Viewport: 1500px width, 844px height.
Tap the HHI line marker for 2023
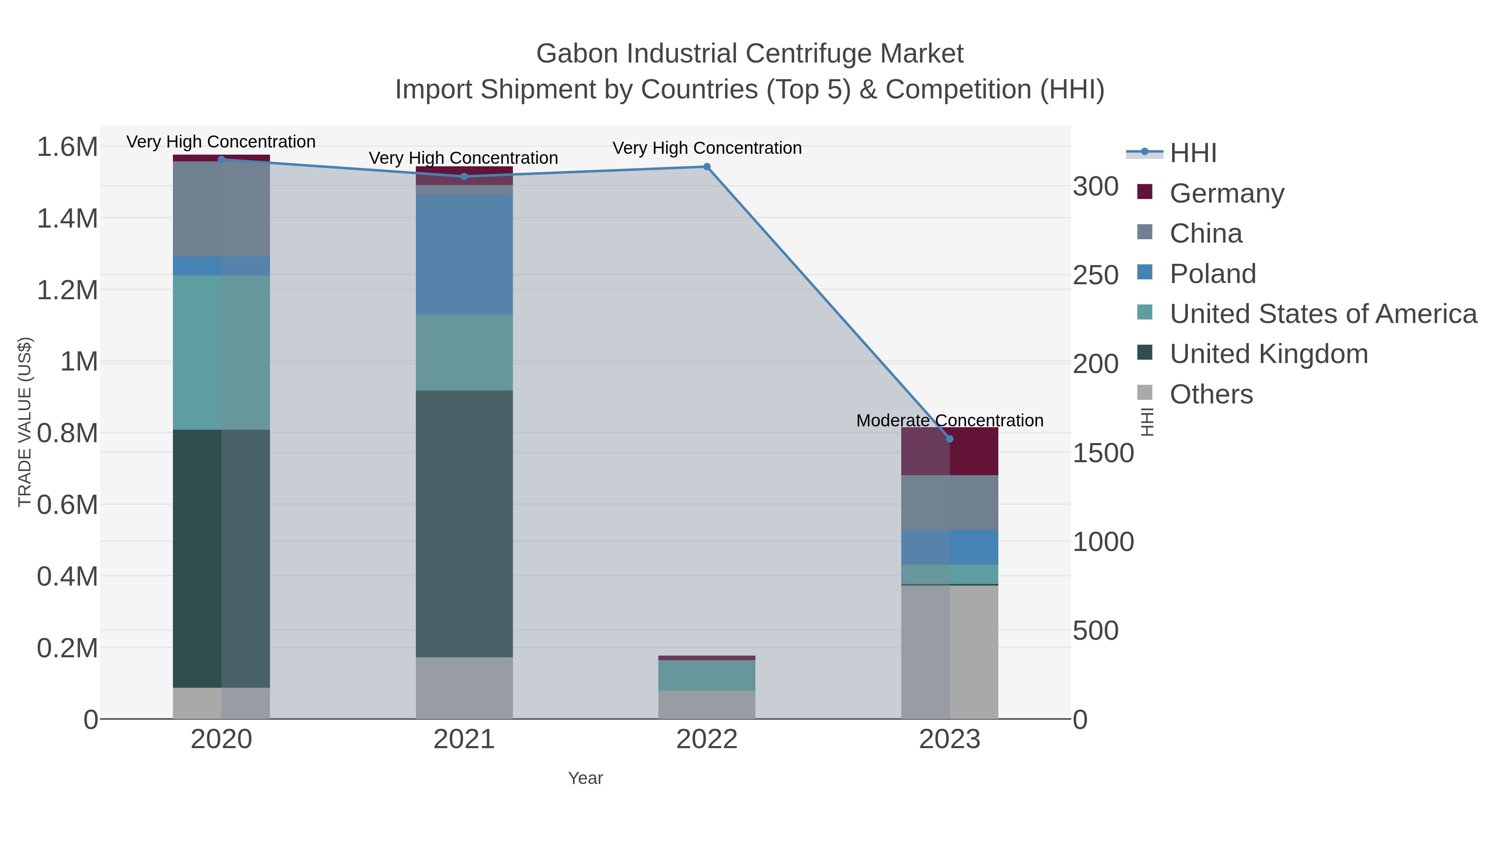pyautogui.click(x=950, y=438)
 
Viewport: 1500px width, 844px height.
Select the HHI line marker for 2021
pyautogui.click(x=464, y=176)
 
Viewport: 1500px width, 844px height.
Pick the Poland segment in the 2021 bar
pyautogui.click(x=464, y=255)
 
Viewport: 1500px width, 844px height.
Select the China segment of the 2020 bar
pyautogui.click(x=221, y=208)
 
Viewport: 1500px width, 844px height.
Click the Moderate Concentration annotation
pyautogui.click(x=949, y=421)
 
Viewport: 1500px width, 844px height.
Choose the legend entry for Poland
pyautogui.click(x=1212, y=274)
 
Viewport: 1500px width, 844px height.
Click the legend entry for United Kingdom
pyautogui.click(x=1268, y=354)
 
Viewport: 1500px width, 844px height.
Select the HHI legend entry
pyautogui.click(x=1192, y=153)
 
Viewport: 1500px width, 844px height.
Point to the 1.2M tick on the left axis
pyautogui.click(x=67, y=290)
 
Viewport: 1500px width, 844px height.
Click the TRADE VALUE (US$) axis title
pyautogui.click(x=25, y=422)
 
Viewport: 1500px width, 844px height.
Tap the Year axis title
pyautogui.click(x=585, y=778)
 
